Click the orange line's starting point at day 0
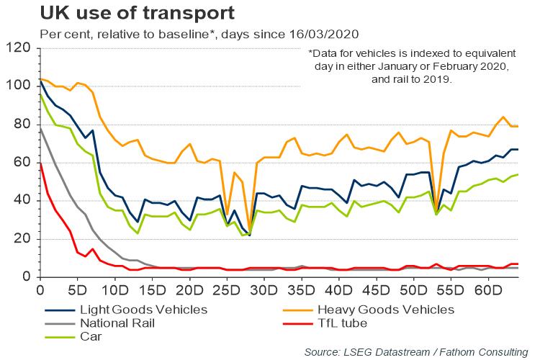[40, 78]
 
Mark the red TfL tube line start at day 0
[40, 163]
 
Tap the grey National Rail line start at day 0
[40, 128]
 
